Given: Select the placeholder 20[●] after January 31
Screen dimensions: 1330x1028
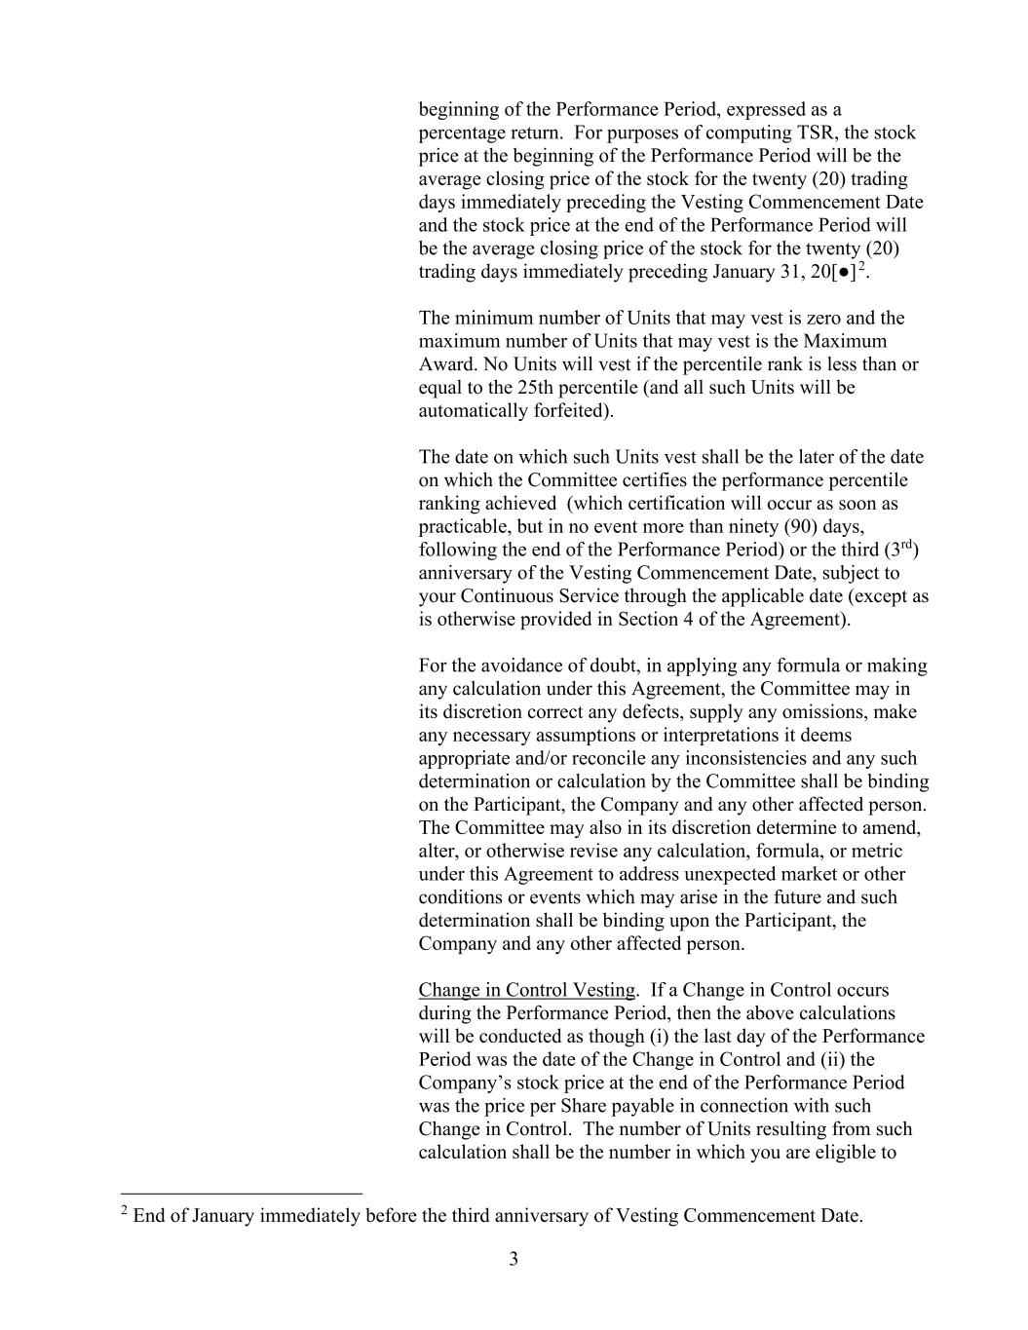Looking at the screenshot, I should tap(833, 272).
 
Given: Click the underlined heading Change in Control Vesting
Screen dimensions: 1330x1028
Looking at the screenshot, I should tap(526, 991).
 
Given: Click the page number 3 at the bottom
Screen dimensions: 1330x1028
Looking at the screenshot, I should tap(514, 1260).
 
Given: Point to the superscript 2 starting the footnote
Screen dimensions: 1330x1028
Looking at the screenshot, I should tap(125, 1211).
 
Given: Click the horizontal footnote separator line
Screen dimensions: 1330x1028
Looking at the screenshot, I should tap(241, 1194).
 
